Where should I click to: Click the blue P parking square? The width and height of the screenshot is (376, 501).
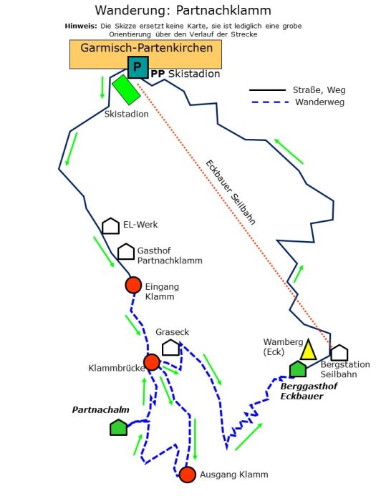(138, 67)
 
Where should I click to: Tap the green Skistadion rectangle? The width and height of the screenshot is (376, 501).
(126, 89)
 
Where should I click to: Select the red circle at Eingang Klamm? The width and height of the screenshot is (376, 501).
(133, 285)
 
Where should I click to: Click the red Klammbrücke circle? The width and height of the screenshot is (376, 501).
(152, 362)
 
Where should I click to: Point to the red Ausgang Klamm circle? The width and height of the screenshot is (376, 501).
(188, 475)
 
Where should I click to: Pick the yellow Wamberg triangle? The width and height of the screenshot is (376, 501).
(308, 349)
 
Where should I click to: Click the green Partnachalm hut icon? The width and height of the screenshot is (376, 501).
(119, 427)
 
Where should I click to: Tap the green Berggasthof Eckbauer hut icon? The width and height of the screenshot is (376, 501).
(298, 369)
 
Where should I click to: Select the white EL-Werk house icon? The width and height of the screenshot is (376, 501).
(110, 226)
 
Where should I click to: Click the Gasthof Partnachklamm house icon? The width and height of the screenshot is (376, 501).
(126, 251)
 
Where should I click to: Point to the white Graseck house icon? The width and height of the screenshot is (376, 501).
(170, 347)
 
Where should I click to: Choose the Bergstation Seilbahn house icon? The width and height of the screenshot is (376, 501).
(339, 353)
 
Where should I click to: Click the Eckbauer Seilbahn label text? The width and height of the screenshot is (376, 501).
(231, 193)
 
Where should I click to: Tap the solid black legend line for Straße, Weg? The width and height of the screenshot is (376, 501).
(267, 90)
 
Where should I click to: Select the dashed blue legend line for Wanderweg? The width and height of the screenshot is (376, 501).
(270, 102)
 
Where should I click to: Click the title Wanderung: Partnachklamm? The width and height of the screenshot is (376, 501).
(183, 10)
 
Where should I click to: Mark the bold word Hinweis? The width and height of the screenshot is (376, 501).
(81, 26)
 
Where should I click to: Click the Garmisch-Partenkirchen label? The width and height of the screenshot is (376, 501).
(146, 48)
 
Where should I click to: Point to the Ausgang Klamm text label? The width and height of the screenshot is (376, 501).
(234, 475)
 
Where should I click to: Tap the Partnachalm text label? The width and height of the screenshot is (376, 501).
(101, 409)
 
